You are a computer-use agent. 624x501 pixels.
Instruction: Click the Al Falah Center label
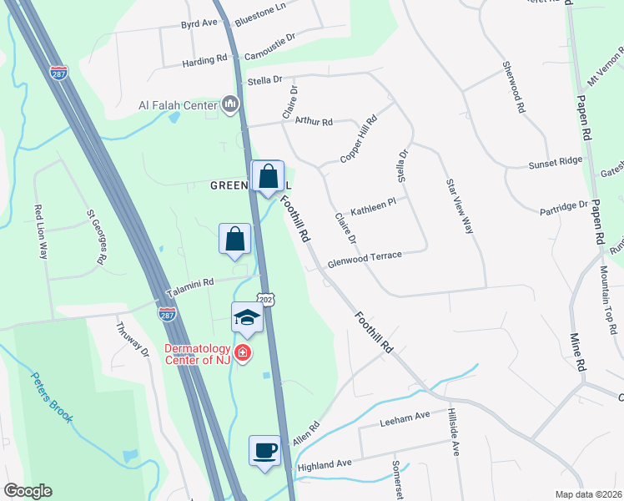178,105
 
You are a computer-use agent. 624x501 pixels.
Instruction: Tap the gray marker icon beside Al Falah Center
231,105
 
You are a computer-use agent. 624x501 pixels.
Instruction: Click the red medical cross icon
243,355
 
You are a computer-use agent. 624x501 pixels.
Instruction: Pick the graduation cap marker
247,318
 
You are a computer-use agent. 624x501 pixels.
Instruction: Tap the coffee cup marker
264,451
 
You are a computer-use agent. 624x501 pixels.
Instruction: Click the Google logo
28,491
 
